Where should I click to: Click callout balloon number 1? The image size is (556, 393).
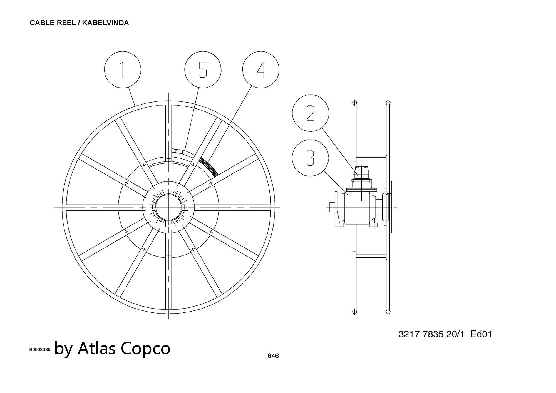123,69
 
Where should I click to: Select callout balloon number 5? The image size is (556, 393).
203,69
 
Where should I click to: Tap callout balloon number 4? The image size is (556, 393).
260,69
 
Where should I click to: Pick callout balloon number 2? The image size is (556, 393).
311,113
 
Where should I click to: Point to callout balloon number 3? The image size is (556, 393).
311,158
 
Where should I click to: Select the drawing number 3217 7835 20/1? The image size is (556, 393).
431,334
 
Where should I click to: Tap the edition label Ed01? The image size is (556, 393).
481,334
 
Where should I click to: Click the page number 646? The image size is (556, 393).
273,356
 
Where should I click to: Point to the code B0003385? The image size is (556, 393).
40,350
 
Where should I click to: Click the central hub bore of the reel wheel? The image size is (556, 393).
168,207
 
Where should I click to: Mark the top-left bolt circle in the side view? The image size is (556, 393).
354,103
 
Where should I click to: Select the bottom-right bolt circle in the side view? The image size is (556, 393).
388,312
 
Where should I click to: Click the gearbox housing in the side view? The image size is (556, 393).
359,207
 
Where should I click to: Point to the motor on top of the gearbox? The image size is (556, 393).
362,172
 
